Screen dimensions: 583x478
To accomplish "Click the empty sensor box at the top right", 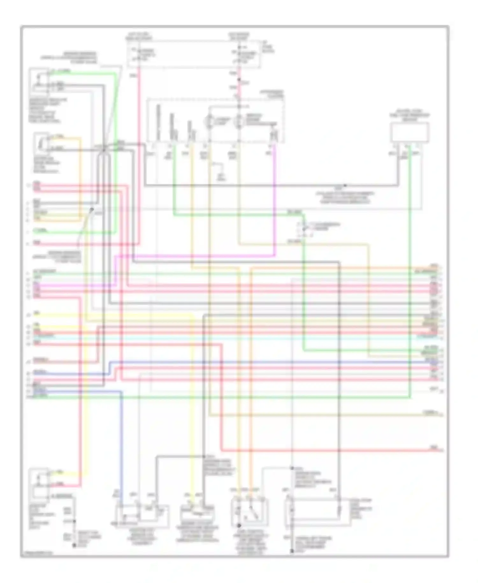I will pos(410,132).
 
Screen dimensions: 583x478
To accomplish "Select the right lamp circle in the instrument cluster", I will pos(239,122).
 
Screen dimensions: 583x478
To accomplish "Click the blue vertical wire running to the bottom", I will pos(121,446).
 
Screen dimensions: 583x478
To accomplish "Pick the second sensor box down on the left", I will pos(41,143).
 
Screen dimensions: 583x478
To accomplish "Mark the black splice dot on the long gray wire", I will pos(345,185).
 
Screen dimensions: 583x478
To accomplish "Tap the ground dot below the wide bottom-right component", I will pos(292,551).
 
